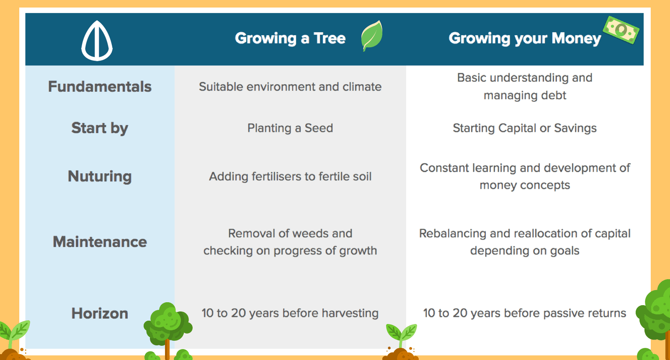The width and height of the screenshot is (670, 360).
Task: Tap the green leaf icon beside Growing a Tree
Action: pyautogui.click(x=372, y=36)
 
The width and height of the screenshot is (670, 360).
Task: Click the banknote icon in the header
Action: pyautogui.click(x=621, y=30)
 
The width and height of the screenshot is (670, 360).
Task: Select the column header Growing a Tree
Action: pyautogui.click(x=290, y=38)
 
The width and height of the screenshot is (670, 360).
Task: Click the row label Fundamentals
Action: pyautogui.click(x=100, y=87)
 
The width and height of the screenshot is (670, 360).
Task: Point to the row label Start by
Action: pyautogui.click(x=100, y=129)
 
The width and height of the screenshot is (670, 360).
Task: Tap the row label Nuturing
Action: pyautogui.click(x=100, y=177)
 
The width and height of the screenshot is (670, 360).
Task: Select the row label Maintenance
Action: pyautogui.click(x=100, y=242)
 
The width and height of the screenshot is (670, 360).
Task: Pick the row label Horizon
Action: pyautogui.click(x=100, y=314)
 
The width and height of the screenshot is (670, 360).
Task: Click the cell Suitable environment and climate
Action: pyautogui.click(x=290, y=87)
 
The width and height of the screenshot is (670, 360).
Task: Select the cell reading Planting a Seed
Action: pyautogui.click(x=290, y=128)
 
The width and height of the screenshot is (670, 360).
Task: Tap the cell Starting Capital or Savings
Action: pyautogui.click(x=525, y=128)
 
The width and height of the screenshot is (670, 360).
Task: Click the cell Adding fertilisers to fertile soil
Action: pyautogui.click(x=290, y=176)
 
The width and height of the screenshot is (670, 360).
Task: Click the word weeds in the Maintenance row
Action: pyautogui.click(x=318, y=234)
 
